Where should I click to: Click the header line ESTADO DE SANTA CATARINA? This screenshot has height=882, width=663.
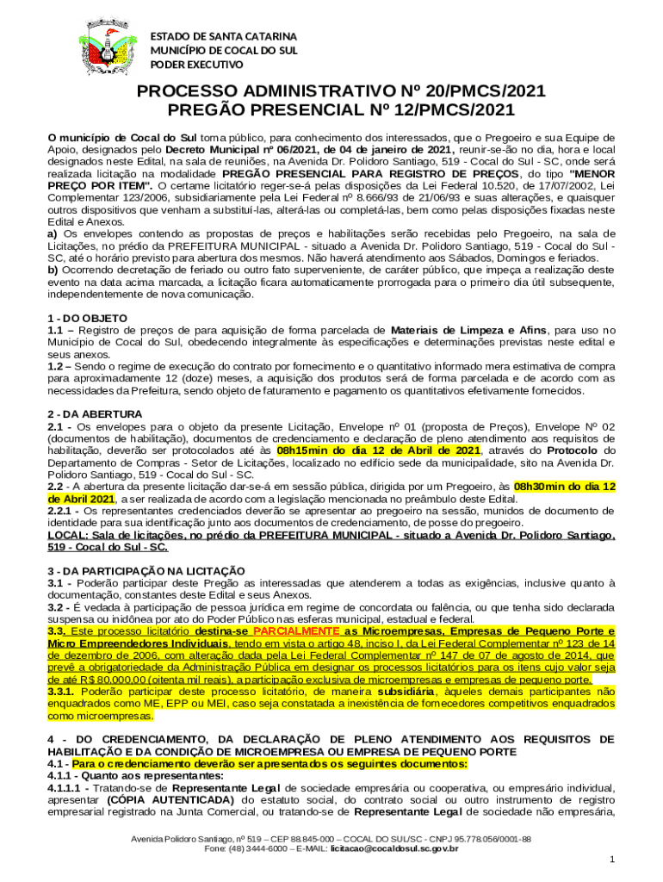pos(224,37)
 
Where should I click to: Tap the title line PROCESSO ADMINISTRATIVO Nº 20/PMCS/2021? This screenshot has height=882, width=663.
pos(331,91)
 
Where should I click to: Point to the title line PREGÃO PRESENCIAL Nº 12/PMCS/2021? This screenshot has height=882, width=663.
pos(331,109)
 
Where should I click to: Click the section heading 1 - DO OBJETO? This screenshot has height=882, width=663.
pos(88,318)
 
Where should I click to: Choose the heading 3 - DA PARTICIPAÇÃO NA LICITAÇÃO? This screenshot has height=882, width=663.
pos(146,571)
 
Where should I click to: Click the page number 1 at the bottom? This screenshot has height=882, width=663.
pos(610,860)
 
